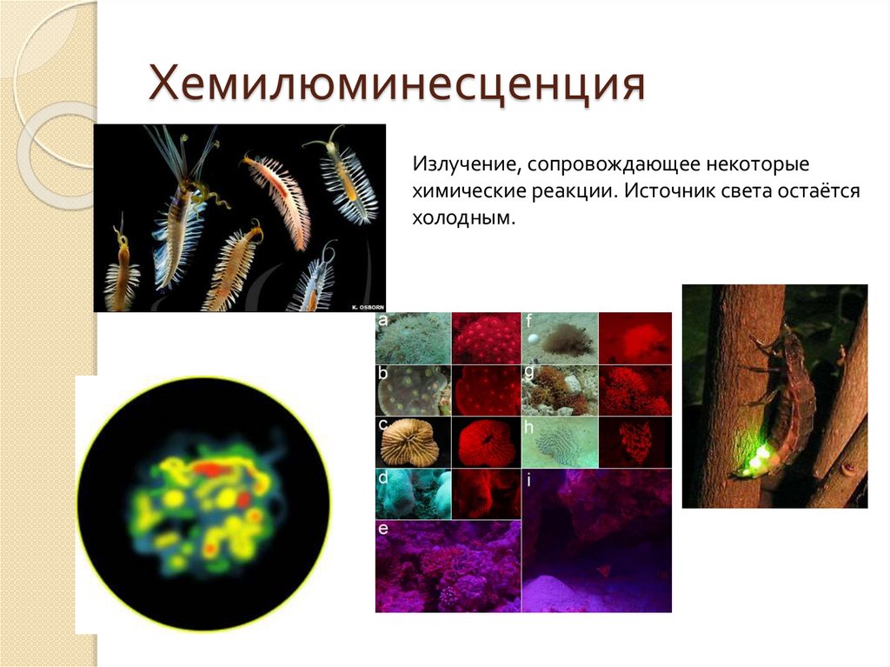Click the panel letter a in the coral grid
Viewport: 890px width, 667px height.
click(382, 321)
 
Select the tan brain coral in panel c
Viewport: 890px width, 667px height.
click(413, 443)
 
